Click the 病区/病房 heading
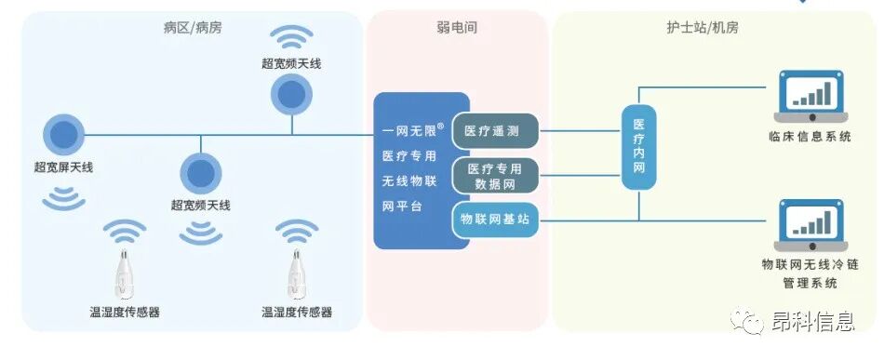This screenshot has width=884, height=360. (x=193, y=28)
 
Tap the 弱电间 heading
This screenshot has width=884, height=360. (x=457, y=28)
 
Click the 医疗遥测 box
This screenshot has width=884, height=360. (x=496, y=131)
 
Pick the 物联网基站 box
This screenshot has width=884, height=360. (x=496, y=220)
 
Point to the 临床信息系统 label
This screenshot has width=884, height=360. (x=810, y=137)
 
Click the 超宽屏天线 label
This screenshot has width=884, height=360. (x=63, y=167)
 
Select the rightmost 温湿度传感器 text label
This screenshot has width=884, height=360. (x=297, y=312)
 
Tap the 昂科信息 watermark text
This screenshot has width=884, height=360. (x=812, y=323)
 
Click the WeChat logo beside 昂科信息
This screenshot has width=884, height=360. (x=749, y=322)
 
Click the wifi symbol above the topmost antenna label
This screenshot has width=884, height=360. (x=291, y=38)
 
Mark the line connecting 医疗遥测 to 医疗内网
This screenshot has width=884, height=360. (x=581, y=131)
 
